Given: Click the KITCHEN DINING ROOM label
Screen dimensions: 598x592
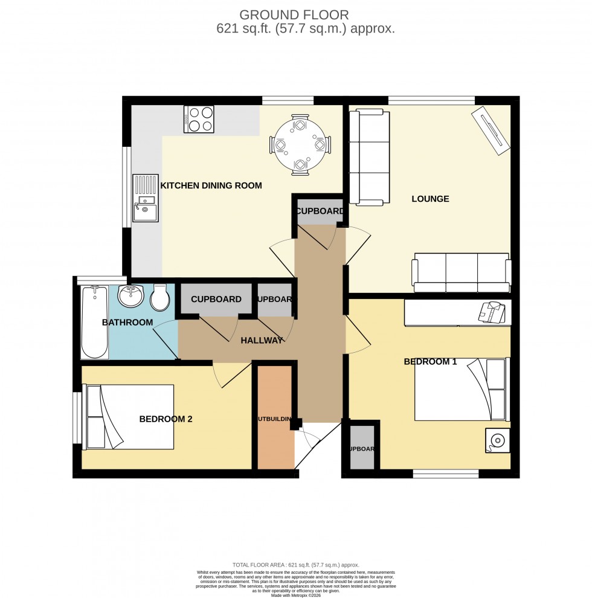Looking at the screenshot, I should point(211,185).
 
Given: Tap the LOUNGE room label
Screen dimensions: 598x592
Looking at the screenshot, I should point(430,199).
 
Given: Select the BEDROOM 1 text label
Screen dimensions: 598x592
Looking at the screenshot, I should point(430,362).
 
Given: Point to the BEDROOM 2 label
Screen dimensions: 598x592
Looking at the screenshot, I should point(166,419).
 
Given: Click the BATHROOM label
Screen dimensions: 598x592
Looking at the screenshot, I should point(127,322).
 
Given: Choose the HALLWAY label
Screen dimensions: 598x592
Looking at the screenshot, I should point(262,341).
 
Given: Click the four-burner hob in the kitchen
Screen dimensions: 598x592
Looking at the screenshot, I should point(199,119).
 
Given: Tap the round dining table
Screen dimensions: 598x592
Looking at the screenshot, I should point(300,145).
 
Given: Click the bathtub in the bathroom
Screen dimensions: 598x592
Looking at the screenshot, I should point(94,322).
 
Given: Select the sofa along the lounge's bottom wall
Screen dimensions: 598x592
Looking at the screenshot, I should point(462,269).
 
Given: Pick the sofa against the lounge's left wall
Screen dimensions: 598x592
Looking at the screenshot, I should point(367,157).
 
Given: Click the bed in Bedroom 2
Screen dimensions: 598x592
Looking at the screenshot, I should point(130,417).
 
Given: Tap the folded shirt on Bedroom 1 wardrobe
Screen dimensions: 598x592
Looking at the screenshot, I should point(492,313).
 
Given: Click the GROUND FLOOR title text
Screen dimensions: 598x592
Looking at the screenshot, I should point(296,14).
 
